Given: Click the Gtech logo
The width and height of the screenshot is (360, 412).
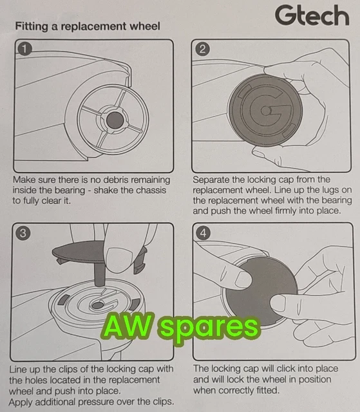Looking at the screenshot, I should click(x=311, y=15).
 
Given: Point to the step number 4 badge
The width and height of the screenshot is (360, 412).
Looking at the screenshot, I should click(x=203, y=234).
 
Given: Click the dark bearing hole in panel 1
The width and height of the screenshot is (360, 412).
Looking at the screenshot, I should click(x=115, y=118).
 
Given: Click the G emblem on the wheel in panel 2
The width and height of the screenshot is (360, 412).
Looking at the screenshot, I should click(x=265, y=111).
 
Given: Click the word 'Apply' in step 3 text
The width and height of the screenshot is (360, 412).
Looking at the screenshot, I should click(x=23, y=401).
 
